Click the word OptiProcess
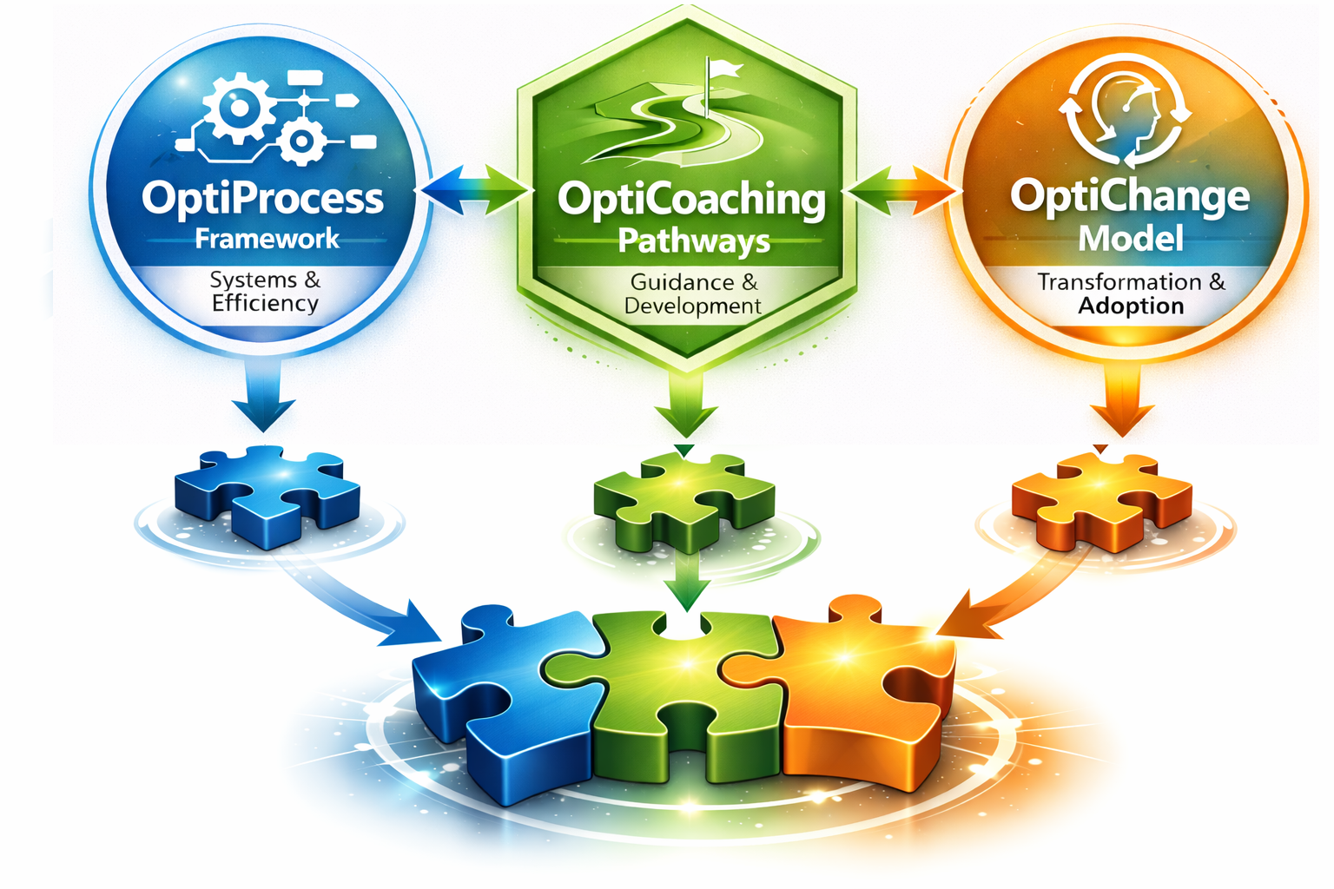pos(262,199)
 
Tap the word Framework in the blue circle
pos(267,239)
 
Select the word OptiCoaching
pos(691,201)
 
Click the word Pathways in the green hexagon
pos(693,241)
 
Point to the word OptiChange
pos(1130,196)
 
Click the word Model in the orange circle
pos(1130,238)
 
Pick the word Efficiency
pos(265,303)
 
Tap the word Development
pos(692,306)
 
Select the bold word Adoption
pos(1131,306)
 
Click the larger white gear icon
pos(237,108)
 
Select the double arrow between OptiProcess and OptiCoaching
pos(474,190)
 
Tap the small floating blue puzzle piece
pos(267,493)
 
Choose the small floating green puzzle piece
pos(685,500)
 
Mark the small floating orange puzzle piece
pos(1101,499)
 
